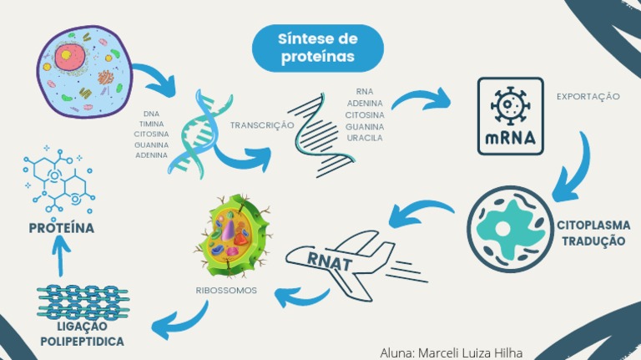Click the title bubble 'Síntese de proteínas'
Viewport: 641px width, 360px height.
[x=317, y=48]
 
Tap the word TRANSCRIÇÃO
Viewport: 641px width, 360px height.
[x=262, y=125]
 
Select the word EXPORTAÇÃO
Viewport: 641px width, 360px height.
[x=588, y=97]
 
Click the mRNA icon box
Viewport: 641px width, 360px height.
[x=510, y=116]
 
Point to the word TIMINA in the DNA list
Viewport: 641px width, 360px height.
[x=151, y=124]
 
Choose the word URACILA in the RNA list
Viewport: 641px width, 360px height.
[x=364, y=138]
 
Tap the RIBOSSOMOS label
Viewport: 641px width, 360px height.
[x=226, y=292]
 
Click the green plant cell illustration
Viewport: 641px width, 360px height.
[x=235, y=237]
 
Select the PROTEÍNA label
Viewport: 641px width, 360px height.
[x=61, y=228]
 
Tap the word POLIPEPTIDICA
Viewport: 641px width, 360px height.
[x=83, y=342]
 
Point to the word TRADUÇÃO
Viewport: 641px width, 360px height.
[x=593, y=241]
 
